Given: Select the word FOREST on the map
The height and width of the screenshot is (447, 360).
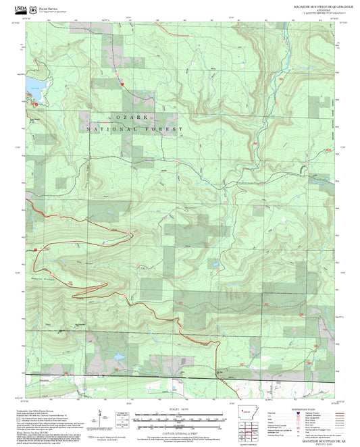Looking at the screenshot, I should coord(167,128).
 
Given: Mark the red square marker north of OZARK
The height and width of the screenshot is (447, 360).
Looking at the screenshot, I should coord(123,83).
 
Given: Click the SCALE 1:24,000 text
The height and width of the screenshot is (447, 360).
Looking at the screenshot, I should coord(179,409).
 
